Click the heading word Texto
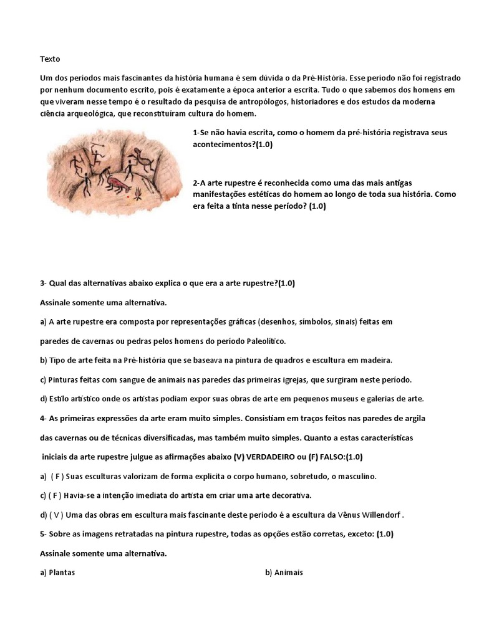[50, 59]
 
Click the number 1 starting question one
[196, 133]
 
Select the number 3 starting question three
[42, 283]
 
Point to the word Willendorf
[381, 515]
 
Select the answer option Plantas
[62, 573]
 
